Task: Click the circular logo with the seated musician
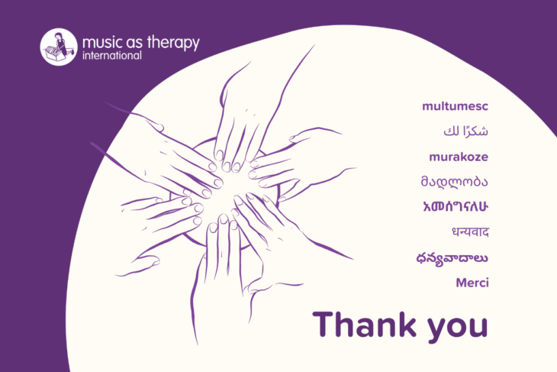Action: tap(59, 47)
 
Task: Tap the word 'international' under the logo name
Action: tap(112, 56)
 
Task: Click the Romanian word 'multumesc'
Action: tap(455, 106)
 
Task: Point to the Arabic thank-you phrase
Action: tap(465, 131)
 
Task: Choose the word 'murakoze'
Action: tap(459, 157)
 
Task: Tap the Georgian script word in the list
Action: tap(454, 181)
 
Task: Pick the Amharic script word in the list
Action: tap(456, 207)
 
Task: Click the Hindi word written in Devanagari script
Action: tap(470, 232)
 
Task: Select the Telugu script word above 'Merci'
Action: tap(452, 257)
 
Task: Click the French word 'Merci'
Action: tap(472, 283)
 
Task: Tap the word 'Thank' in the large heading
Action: tap(365, 324)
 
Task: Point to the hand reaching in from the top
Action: tap(249, 118)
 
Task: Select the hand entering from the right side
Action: tap(298, 163)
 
